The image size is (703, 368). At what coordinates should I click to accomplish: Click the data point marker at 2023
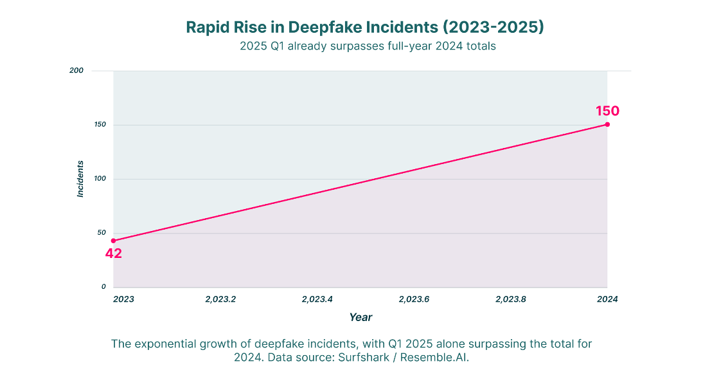coord(114,241)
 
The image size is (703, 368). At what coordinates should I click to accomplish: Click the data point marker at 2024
coord(607,124)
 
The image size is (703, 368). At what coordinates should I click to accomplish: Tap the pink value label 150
coord(607,111)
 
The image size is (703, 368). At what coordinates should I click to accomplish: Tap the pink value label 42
coord(114,253)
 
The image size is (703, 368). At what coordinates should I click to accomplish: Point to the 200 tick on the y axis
coord(76,71)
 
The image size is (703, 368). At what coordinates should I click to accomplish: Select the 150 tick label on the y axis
coord(100,124)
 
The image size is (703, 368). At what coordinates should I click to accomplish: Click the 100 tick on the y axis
coord(100,179)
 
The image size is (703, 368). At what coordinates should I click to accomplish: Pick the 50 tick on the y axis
coord(102,232)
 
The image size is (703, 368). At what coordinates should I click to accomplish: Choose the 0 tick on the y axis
coord(103,287)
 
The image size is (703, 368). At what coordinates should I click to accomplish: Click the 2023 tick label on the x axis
coord(123,299)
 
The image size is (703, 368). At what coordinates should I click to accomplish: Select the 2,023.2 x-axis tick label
coord(220,299)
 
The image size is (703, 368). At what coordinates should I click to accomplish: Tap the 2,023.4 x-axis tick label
coord(317,299)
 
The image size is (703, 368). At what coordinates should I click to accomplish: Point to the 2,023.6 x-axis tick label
coord(414,299)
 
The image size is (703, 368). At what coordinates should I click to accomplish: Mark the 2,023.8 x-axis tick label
coord(511,299)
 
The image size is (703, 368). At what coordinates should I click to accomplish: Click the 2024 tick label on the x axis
coord(607,299)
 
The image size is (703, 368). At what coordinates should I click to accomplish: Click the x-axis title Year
coord(361,318)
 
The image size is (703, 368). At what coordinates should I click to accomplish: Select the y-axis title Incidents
coord(80,179)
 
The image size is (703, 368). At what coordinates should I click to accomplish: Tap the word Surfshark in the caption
coord(364,358)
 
